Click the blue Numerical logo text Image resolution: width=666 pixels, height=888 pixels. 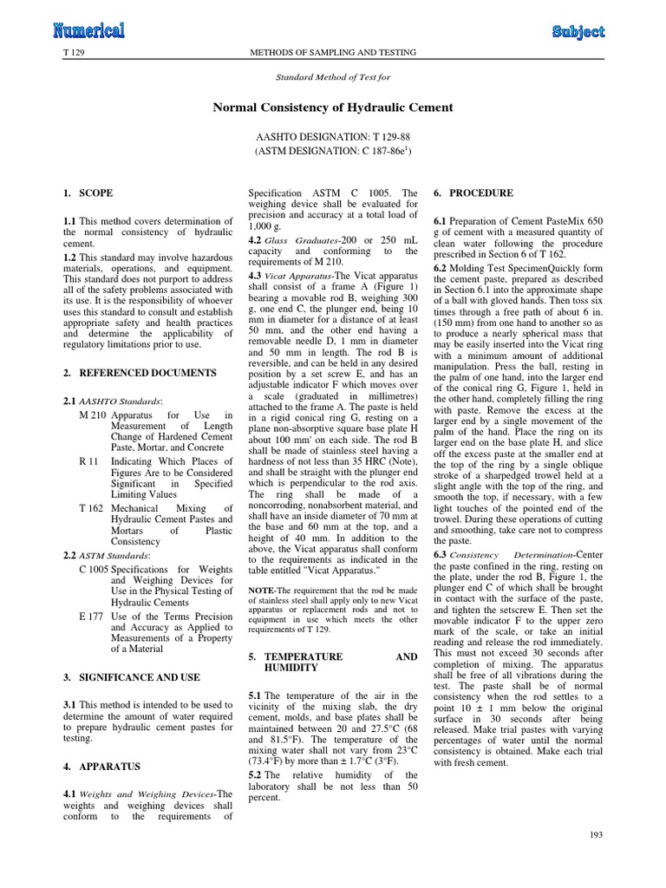pos(88,31)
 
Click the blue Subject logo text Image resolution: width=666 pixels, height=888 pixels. pos(578,31)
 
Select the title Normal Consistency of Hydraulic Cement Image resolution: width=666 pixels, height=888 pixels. pos(333,108)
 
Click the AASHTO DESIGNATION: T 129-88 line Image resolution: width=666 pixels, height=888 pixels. pos(333,137)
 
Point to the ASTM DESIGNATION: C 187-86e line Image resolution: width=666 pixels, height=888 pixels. pos(333,151)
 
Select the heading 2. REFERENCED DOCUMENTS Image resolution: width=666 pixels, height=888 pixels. pos(139,372)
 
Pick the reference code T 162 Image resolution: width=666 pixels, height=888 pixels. pos(91,508)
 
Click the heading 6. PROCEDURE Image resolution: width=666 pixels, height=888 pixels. pos(473,193)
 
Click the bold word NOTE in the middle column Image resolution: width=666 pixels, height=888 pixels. pos(261,590)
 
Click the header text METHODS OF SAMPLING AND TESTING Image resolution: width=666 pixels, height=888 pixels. pos(333,54)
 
